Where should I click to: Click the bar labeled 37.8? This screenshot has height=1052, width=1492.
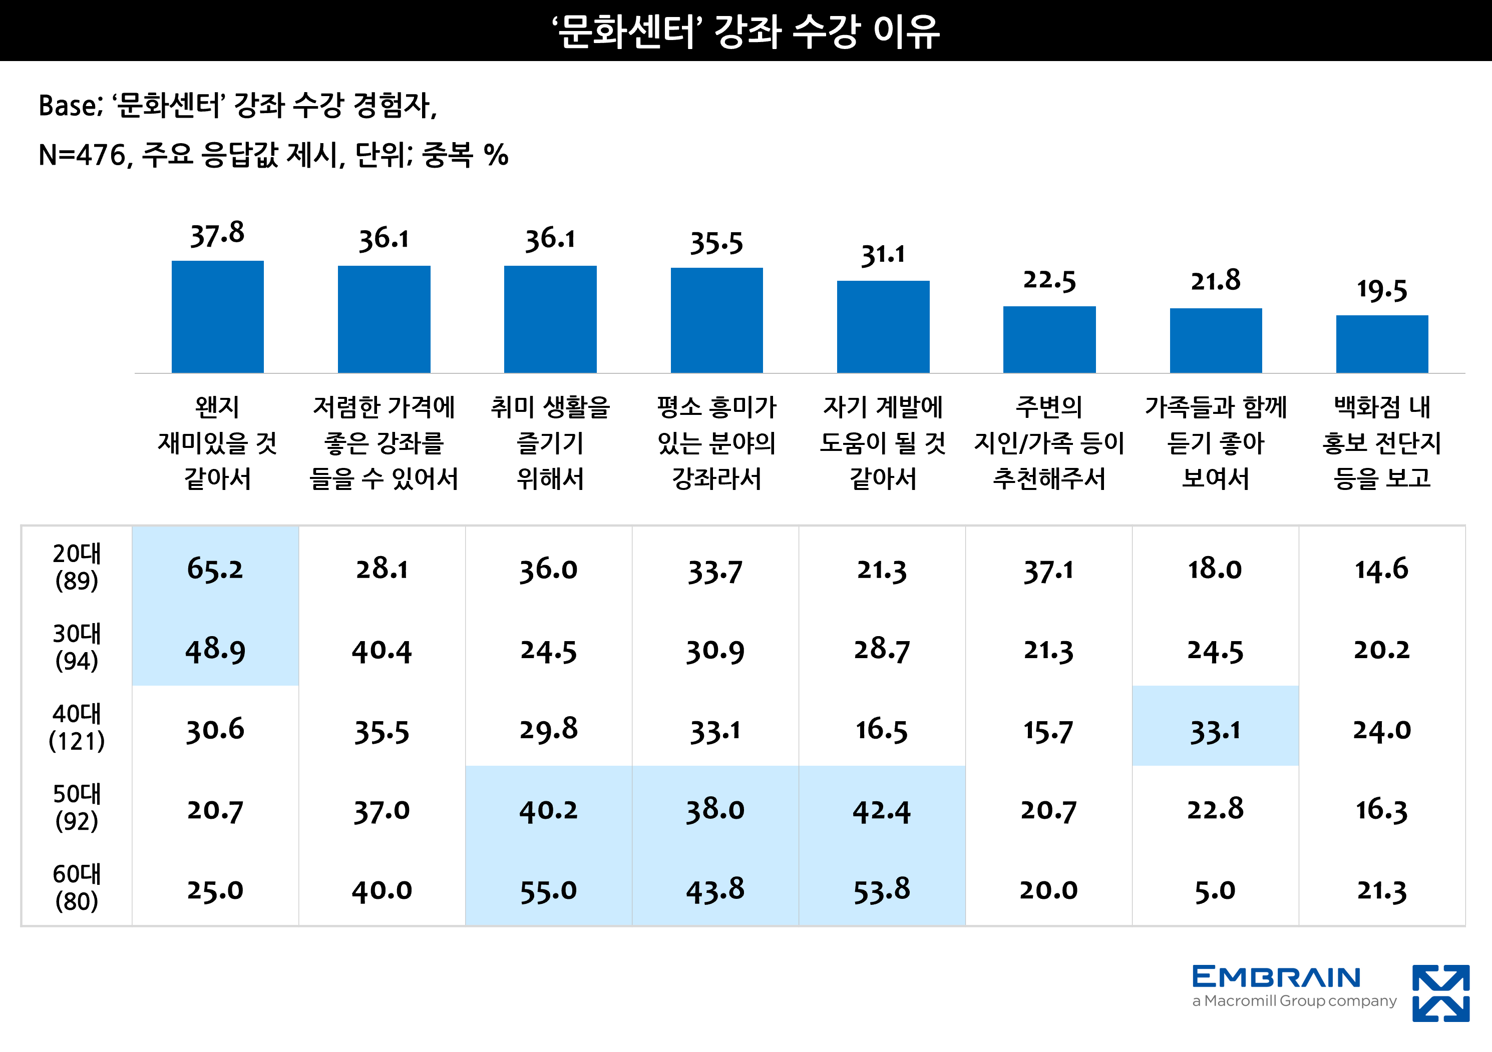[217, 317]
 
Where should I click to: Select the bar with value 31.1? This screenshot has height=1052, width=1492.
[883, 327]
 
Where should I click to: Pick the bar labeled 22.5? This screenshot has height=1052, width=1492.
[1049, 340]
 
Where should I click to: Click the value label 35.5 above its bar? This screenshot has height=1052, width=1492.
[716, 243]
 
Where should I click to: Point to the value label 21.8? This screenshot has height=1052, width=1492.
[1215, 281]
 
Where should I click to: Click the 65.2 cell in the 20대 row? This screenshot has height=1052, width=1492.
[215, 569]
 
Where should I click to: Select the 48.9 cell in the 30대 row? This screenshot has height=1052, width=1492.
[215, 650]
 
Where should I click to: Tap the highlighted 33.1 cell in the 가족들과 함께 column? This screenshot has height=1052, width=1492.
[1215, 730]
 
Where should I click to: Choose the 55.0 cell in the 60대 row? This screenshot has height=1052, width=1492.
[548, 890]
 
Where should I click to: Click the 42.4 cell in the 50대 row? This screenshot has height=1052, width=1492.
[882, 810]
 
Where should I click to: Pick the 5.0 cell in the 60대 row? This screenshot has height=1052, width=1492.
[1215, 890]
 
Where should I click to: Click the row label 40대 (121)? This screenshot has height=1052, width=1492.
[77, 727]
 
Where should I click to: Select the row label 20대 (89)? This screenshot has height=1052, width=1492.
[77, 567]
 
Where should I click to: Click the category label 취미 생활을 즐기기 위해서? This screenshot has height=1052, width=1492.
[550, 443]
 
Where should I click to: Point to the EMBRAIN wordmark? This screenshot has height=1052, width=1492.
[1276, 977]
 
